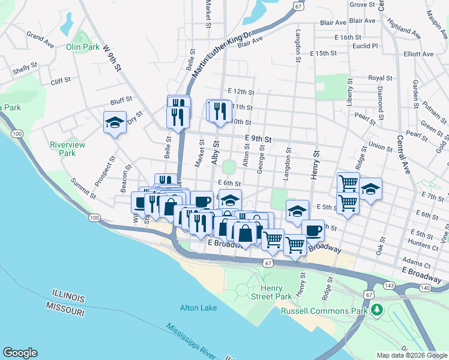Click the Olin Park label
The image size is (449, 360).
(x=82, y=46)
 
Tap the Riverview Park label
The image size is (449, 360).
(x=67, y=149)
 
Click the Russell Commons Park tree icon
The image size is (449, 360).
(x=376, y=310)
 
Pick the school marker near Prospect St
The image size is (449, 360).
(x=115, y=122)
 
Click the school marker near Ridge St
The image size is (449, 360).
(x=371, y=189)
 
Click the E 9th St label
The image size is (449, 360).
(x=258, y=139)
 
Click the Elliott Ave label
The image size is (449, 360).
(x=418, y=54)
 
